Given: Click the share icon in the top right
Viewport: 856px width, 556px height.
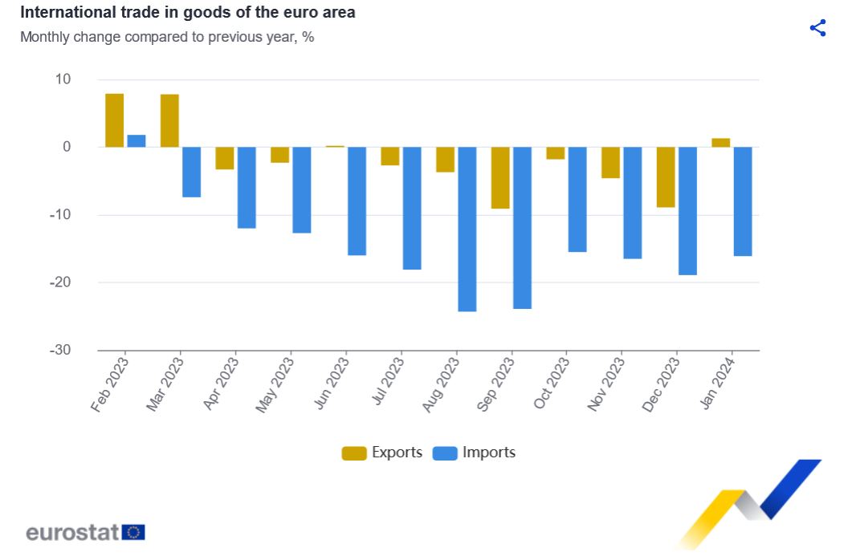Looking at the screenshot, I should point(817,28).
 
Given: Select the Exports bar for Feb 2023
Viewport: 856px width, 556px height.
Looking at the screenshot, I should point(115,120).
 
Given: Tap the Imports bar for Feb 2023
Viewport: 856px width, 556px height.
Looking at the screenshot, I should point(137,141).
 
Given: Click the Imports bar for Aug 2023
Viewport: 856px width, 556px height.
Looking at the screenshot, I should point(467,229).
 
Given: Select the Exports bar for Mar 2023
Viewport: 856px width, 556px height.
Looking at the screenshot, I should point(169,121).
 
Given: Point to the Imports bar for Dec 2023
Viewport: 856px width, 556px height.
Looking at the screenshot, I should point(687,210).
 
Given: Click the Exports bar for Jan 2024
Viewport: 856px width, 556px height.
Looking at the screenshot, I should point(721,143).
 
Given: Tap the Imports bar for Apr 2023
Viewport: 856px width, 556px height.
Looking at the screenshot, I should point(247,187).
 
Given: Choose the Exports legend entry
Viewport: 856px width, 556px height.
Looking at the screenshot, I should point(382,453).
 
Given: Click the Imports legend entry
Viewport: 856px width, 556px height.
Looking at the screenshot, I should point(475,453).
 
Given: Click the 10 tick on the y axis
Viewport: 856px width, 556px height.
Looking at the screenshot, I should point(63,79).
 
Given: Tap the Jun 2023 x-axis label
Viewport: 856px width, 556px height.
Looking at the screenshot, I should point(331,384).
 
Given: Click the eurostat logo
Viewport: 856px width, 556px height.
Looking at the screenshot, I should point(85,532).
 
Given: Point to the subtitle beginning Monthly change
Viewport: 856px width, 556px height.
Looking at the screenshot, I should point(166,37).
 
